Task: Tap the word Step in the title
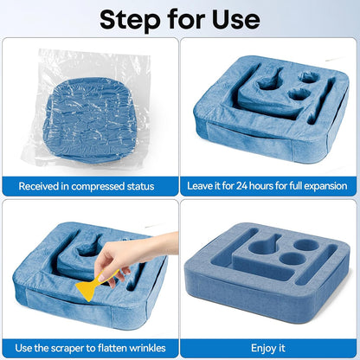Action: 130,20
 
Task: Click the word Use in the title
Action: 236,19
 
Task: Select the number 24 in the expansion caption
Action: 242,186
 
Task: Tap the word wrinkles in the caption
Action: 147,348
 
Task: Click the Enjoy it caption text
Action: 268,348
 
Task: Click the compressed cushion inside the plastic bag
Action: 90,119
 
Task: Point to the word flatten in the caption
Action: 112,348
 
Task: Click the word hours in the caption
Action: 261,186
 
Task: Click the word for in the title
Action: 186,19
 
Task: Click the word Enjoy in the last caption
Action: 263,348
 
